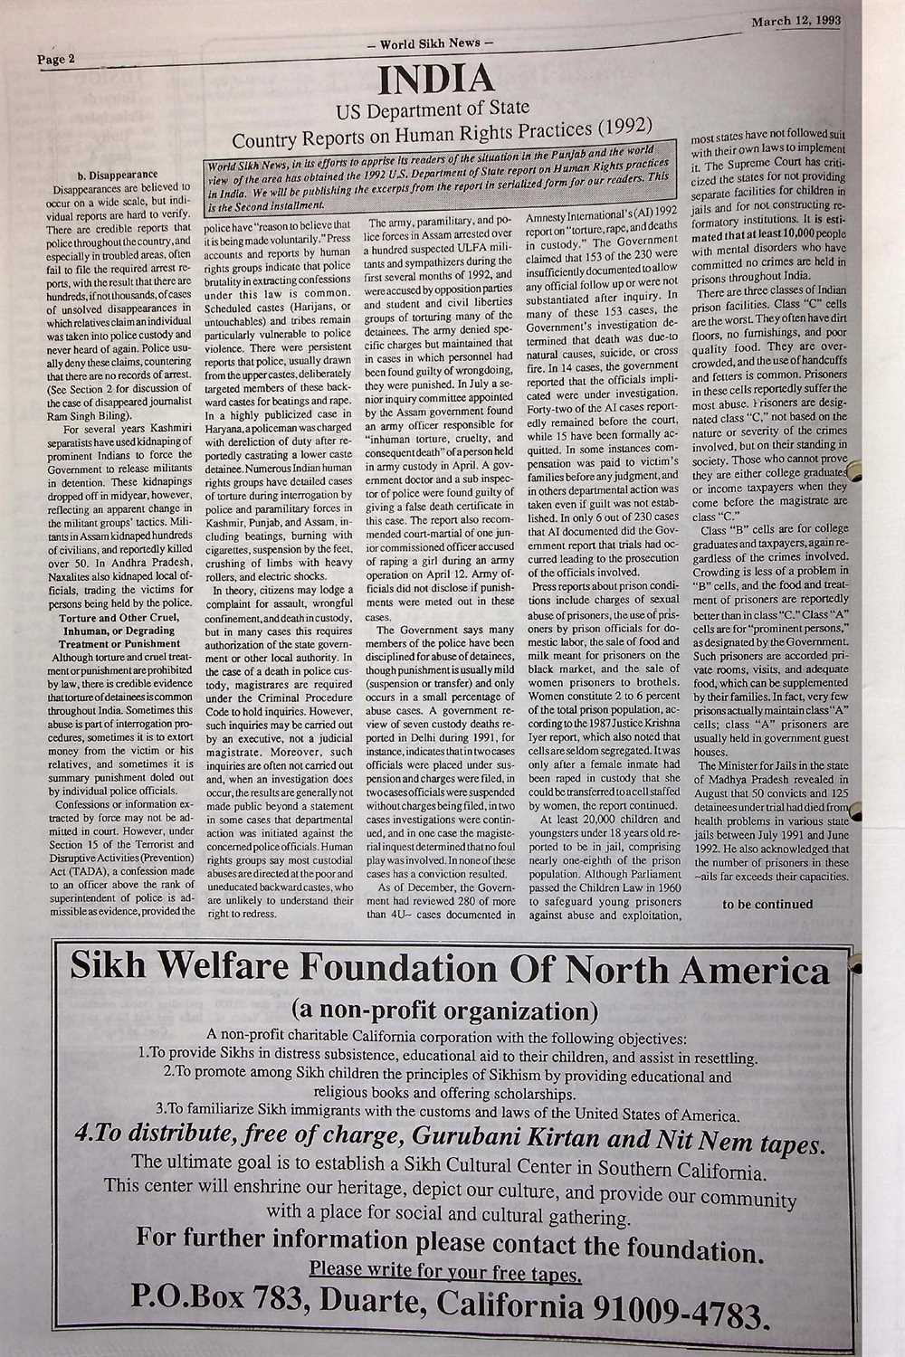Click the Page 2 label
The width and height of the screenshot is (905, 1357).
[x=57, y=60]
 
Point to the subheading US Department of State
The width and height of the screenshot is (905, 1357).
[x=433, y=111]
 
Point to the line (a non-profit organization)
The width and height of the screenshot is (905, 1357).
[x=444, y=1009]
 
